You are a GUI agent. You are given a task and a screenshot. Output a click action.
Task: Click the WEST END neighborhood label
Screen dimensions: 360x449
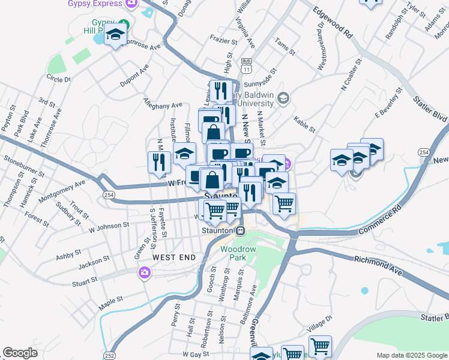(x=173, y=257)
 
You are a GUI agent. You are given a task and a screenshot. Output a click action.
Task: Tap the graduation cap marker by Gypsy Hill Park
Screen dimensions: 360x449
(x=116, y=35)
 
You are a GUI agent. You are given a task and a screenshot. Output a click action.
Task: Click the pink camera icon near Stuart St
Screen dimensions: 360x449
(x=144, y=273)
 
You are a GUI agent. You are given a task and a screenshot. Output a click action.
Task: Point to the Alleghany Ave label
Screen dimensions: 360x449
(x=163, y=103)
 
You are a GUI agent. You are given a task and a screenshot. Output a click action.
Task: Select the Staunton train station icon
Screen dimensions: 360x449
(x=240, y=230)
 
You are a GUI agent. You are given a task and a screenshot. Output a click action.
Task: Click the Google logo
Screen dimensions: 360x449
(x=20, y=353)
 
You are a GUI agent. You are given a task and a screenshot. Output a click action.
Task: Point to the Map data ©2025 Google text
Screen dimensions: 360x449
(x=411, y=355)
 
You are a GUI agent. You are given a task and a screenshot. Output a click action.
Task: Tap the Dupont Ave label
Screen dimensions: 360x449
(x=134, y=79)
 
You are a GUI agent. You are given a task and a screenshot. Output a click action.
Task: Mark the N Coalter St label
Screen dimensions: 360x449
(x=351, y=74)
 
